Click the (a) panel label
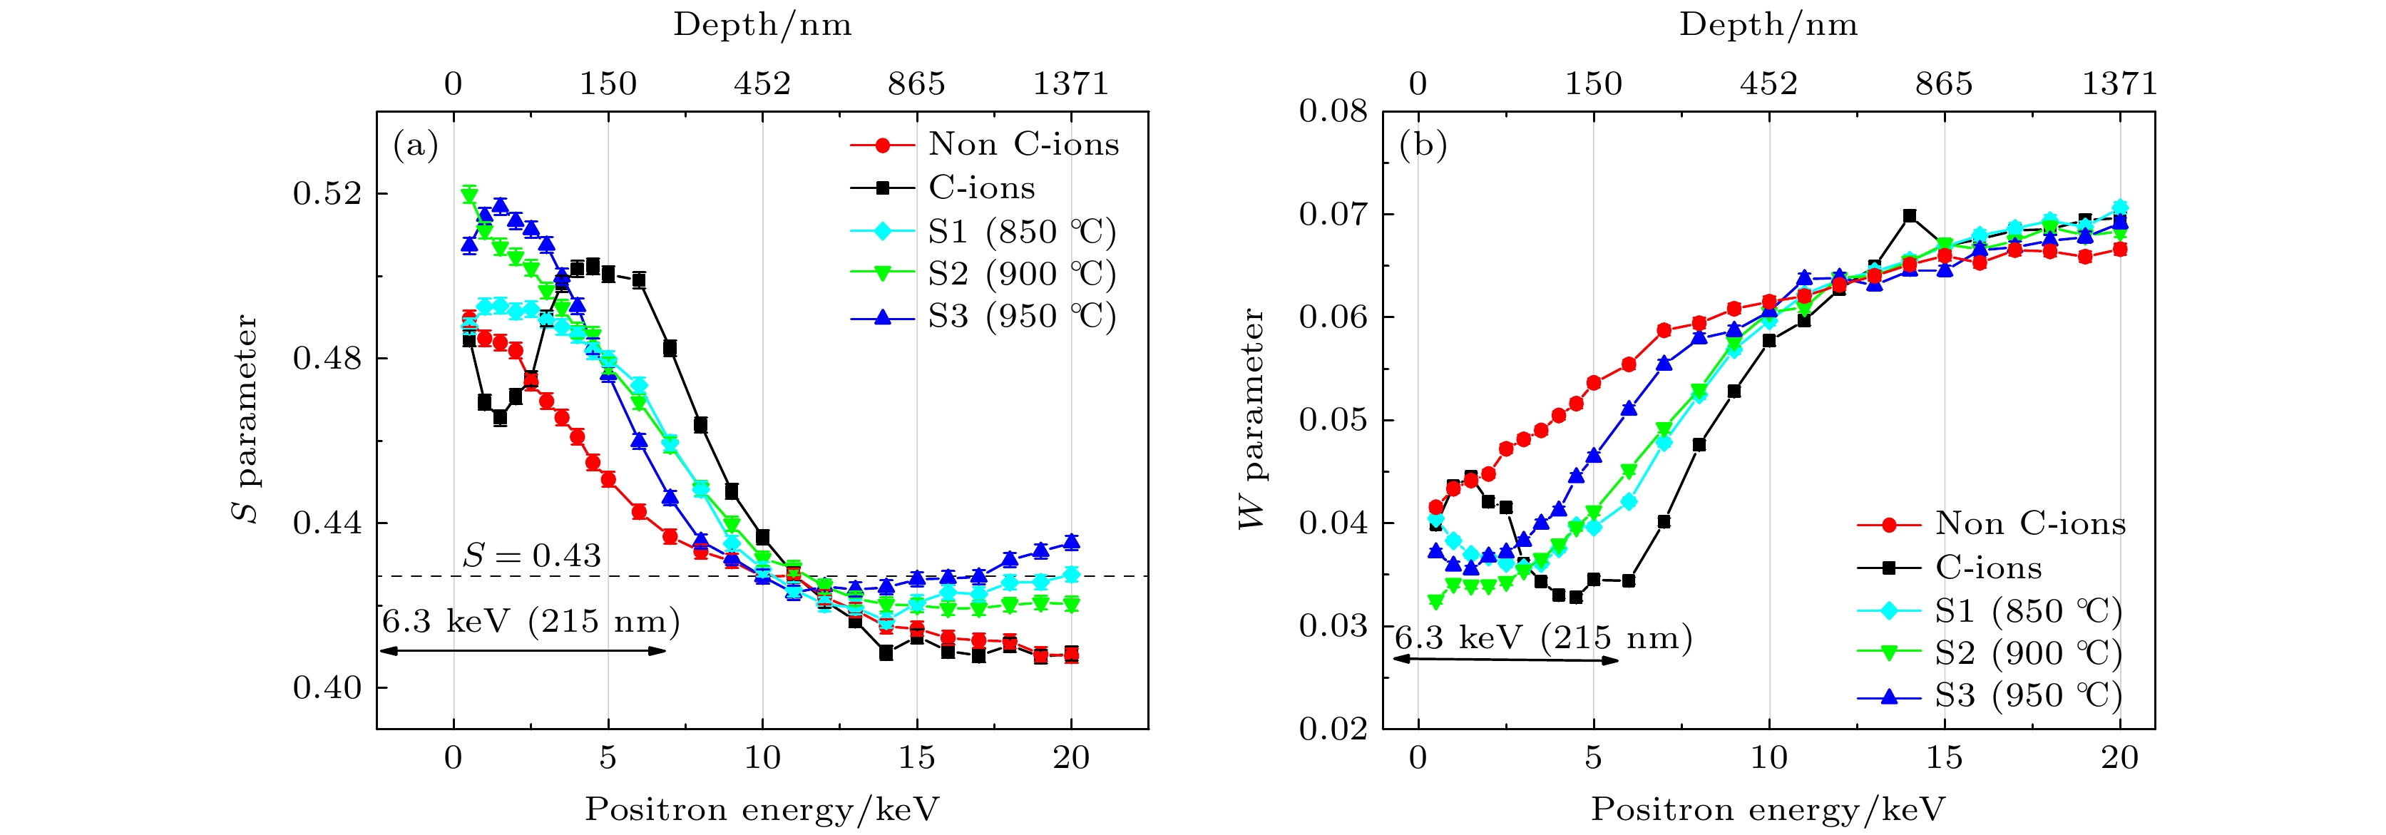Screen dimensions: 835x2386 (415, 145)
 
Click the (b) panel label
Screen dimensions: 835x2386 (1423, 145)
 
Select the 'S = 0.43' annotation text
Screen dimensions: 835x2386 (532, 555)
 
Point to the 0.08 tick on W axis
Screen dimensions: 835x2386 (1333, 111)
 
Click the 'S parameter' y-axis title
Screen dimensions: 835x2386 (247, 419)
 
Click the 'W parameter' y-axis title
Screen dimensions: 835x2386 (1252, 419)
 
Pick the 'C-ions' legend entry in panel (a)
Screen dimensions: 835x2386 (982, 188)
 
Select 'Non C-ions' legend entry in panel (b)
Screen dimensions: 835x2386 (2029, 524)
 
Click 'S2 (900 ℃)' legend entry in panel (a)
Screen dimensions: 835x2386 (1022, 274)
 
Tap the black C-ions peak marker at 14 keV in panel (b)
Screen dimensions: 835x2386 (1909, 215)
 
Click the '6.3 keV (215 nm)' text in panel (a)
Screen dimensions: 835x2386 (531, 621)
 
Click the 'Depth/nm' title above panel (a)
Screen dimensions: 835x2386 (762, 25)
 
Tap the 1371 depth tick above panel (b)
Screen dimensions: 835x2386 (2119, 84)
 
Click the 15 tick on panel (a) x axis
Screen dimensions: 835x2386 (916, 758)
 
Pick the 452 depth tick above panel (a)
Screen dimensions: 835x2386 (762, 84)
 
